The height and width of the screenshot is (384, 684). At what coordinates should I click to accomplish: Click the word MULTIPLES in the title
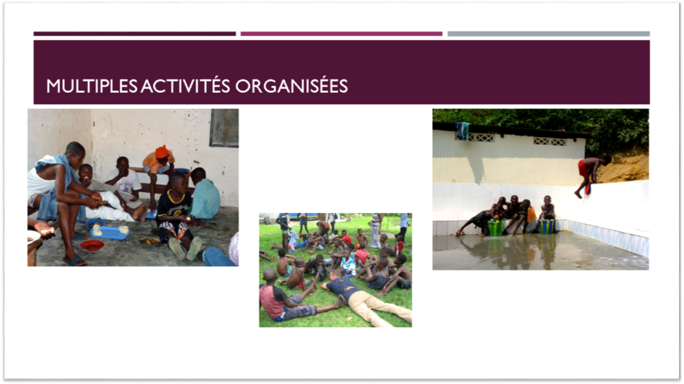pos(92,86)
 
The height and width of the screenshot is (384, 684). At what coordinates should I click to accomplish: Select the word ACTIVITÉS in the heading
pos(185,85)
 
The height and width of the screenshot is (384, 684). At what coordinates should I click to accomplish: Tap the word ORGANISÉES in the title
pos(291,86)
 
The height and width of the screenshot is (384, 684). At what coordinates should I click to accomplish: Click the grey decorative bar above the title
pos(548,33)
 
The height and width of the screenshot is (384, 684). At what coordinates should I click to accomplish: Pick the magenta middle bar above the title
pos(341,33)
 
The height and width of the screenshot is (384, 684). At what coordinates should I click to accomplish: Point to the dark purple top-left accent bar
pos(134,33)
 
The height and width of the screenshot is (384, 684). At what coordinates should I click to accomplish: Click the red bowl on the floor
pos(92,246)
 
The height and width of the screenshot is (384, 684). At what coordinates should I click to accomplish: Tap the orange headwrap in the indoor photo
pos(162,152)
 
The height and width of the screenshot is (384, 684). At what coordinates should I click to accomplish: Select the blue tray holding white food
pos(110,232)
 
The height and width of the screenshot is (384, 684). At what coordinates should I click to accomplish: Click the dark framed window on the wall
pos(224,128)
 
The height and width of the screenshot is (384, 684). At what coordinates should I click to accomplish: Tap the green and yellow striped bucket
pos(496,228)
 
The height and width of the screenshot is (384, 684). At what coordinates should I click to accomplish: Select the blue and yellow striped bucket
pos(546,226)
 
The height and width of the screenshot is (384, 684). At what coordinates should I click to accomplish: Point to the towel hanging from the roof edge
pos(463,130)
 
